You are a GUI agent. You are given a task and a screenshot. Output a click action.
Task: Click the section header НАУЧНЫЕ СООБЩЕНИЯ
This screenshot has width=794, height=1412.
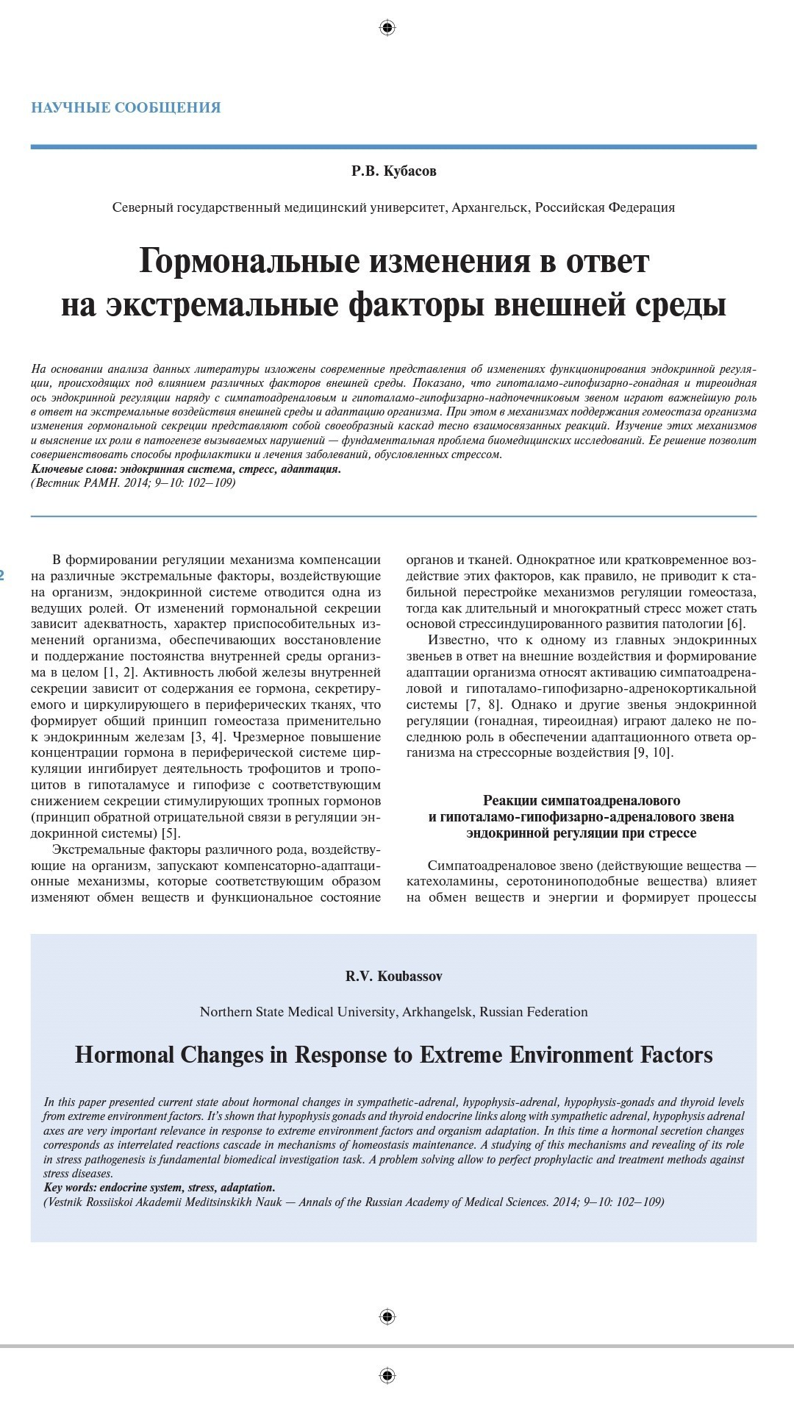tap(126, 107)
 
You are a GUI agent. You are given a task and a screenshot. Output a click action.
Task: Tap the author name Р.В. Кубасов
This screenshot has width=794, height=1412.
tap(393, 171)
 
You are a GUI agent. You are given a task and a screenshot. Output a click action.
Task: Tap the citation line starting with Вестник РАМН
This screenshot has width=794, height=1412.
tap(133, 483)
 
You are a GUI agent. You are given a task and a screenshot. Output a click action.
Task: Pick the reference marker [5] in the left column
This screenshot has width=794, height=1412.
tap(171, 834)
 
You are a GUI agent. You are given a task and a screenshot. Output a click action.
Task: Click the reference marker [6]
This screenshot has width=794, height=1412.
tap(735, 624)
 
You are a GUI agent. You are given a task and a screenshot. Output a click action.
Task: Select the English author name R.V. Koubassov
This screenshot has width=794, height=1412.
tap(393, 977)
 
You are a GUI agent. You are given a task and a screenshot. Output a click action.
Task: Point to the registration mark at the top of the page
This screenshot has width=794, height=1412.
tap(387, 28)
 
